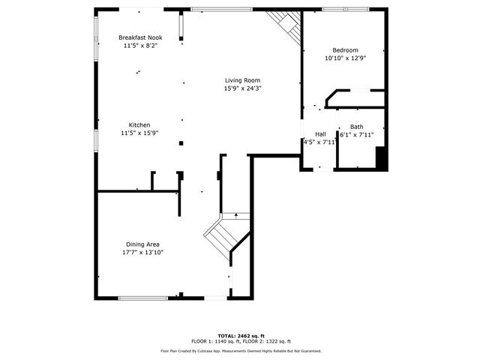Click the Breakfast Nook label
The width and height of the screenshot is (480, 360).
(x=140, y=37)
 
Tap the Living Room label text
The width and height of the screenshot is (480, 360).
(x=242, y=80)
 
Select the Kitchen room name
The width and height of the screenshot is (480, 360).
(x=139, y=124)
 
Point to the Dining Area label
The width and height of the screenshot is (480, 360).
(x=142, y=244)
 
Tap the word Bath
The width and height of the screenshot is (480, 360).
(x=356, y=127)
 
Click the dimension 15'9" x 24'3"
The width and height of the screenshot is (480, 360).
(x=242, y=88)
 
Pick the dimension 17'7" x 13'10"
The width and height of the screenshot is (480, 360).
(x=142, y=253)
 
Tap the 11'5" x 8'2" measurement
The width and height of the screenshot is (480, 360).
(x=140, y=46)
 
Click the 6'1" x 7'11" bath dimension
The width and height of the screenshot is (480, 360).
(x=358, y=135)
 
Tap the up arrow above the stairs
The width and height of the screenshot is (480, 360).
(x=237, y=216)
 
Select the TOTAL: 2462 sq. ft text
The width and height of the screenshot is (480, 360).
(x=239, y=335)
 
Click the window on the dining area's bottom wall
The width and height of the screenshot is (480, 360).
(x=142, y=298)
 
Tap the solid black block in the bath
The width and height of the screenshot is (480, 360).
(x=381, y=159)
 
